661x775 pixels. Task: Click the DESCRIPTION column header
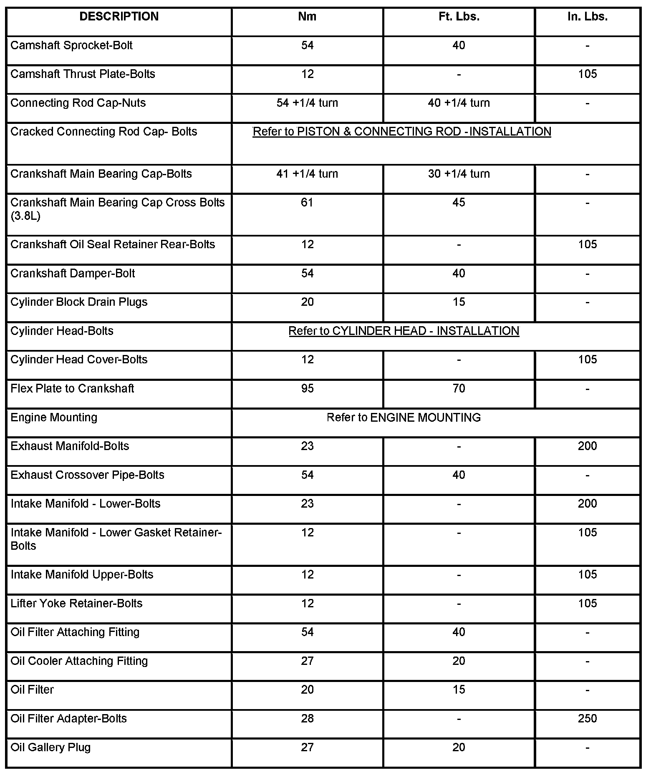(x=119, y=17)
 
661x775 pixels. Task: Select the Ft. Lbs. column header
(x=459, y=17)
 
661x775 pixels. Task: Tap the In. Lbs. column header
(x=587, y=17)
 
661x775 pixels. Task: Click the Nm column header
(x=307, y=17)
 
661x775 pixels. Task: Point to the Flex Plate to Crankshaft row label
(x=72, y=389)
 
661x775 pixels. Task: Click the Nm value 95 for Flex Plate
(x=307, y=389)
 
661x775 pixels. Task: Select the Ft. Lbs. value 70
(x=459, y=389)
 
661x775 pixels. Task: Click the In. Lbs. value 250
(x=587, y=719)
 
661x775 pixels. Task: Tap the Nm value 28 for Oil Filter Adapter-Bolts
(x=307, y=719)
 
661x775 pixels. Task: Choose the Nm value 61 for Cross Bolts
(x=307, y=203)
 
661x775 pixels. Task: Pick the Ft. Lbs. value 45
(x=459, y=203)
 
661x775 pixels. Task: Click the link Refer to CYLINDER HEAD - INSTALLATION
(x=404, y=331)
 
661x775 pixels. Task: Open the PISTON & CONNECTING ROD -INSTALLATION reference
(x=402, y=132)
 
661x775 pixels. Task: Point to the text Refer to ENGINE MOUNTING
(x=404, y=418)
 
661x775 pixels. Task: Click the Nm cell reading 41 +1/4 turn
(x=307, y=174)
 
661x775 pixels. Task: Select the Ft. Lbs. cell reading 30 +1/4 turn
(x=459, y=174)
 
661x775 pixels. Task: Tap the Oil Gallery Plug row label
(x=50, y=747)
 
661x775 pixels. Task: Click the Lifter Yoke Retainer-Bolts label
(x=76, y=604)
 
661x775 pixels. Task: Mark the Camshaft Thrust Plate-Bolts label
(x=83, y=74)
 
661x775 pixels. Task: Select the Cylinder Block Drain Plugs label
(x=79, y=302)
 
